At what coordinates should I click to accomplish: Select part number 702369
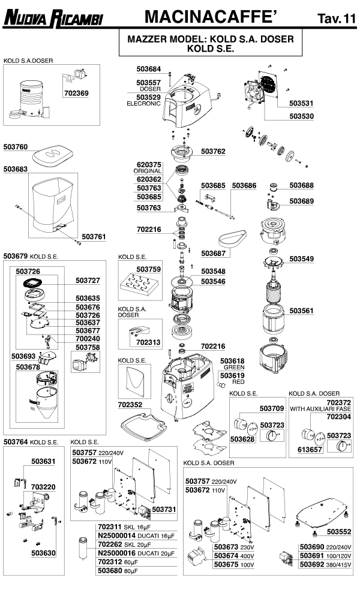pos(76,94)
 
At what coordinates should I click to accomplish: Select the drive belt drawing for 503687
pos(230,240)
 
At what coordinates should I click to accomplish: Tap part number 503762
pos(213,152)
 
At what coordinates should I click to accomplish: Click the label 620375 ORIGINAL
pos(149,168)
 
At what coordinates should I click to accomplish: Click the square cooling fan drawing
pos(262,95)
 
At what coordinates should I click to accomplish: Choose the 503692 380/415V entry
pos(325,564)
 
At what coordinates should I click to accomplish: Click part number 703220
pos(43,487)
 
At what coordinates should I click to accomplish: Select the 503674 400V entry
pos(234,555)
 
